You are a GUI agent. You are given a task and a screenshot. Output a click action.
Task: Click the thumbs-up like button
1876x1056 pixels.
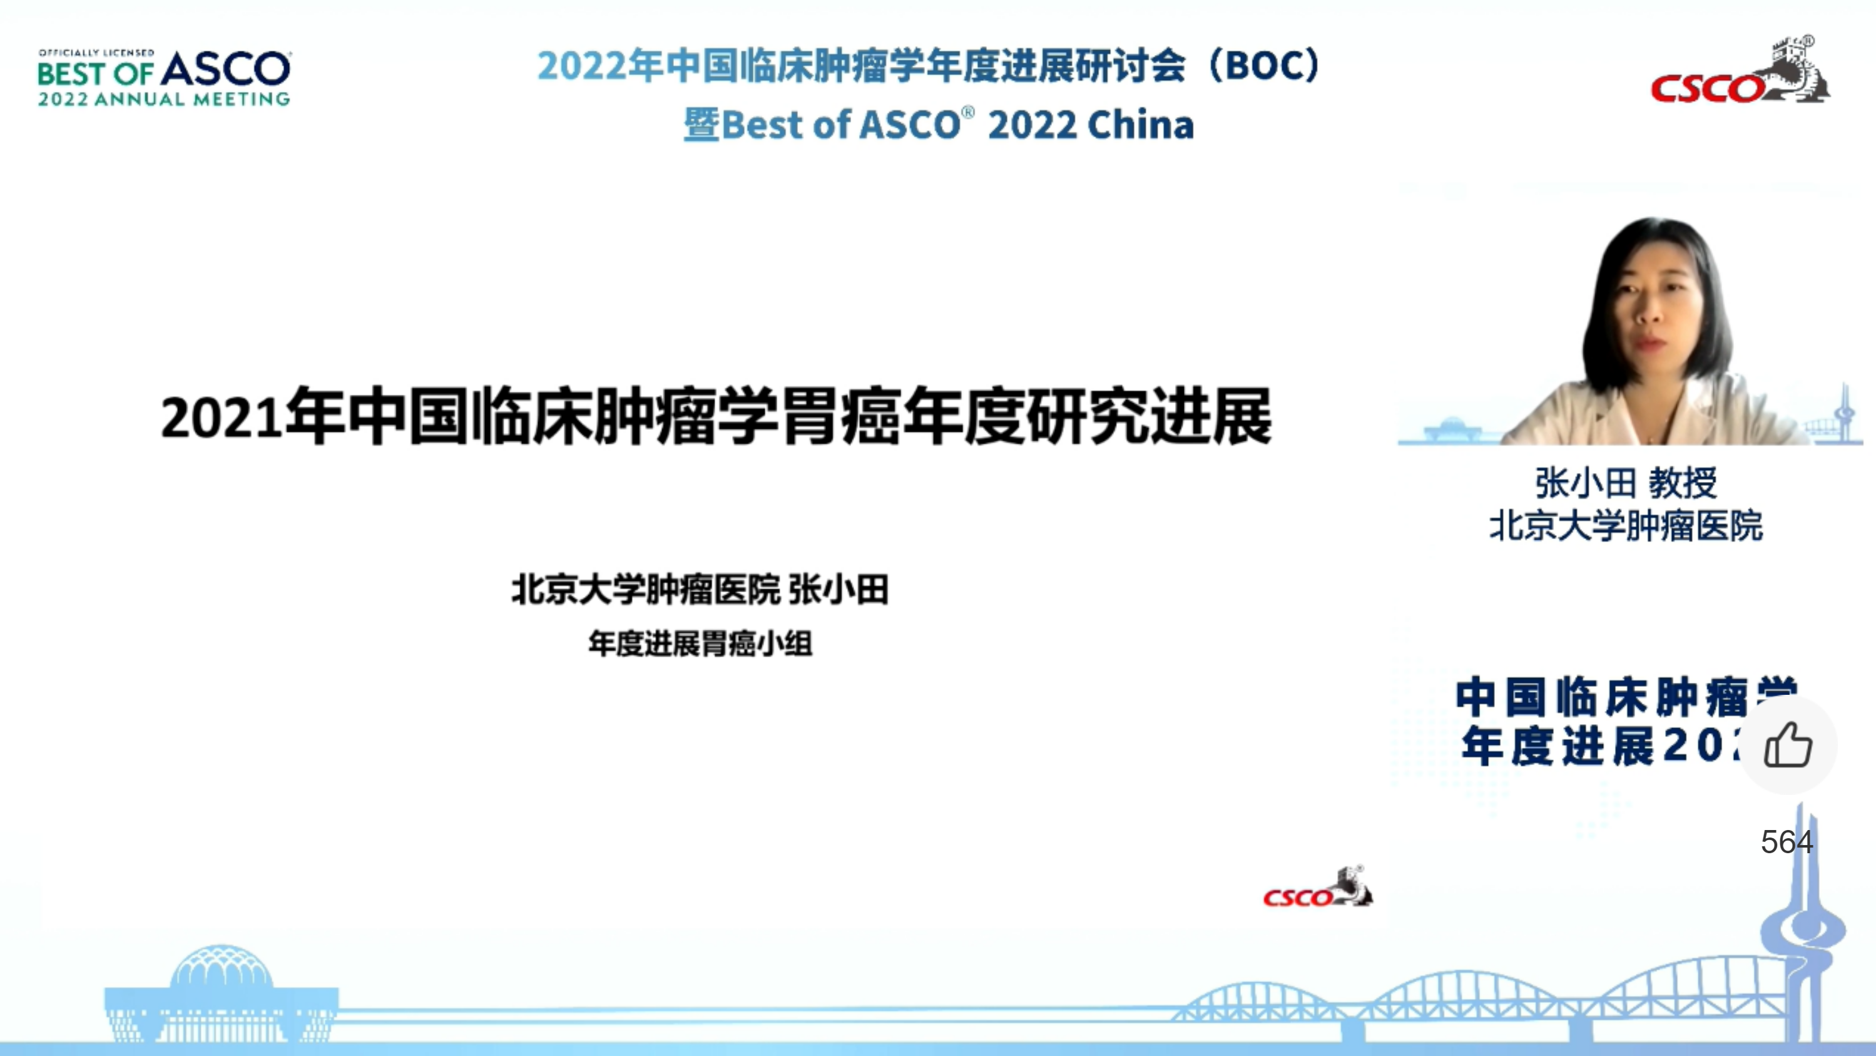pos(1788,744)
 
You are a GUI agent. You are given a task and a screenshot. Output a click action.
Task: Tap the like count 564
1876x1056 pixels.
pos(1787,842)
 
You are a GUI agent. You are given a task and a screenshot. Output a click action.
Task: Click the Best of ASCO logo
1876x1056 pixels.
pos(165,78)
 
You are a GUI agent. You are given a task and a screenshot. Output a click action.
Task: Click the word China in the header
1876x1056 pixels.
pos(1141,125)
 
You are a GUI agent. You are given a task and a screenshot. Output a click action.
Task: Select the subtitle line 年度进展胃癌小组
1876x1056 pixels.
pos(700,643)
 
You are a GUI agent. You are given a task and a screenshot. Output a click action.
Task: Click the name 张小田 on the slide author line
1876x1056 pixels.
pos(839,589)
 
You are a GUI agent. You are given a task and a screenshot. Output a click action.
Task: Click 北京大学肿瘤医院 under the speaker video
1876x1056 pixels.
pos(1626,526)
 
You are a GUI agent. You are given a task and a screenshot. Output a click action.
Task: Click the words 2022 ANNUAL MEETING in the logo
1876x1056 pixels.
pos(164,99)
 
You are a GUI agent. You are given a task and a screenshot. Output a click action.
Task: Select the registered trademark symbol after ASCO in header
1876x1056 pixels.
pos(968,112)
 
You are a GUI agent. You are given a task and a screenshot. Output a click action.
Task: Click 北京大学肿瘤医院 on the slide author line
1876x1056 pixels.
pos(645,589)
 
